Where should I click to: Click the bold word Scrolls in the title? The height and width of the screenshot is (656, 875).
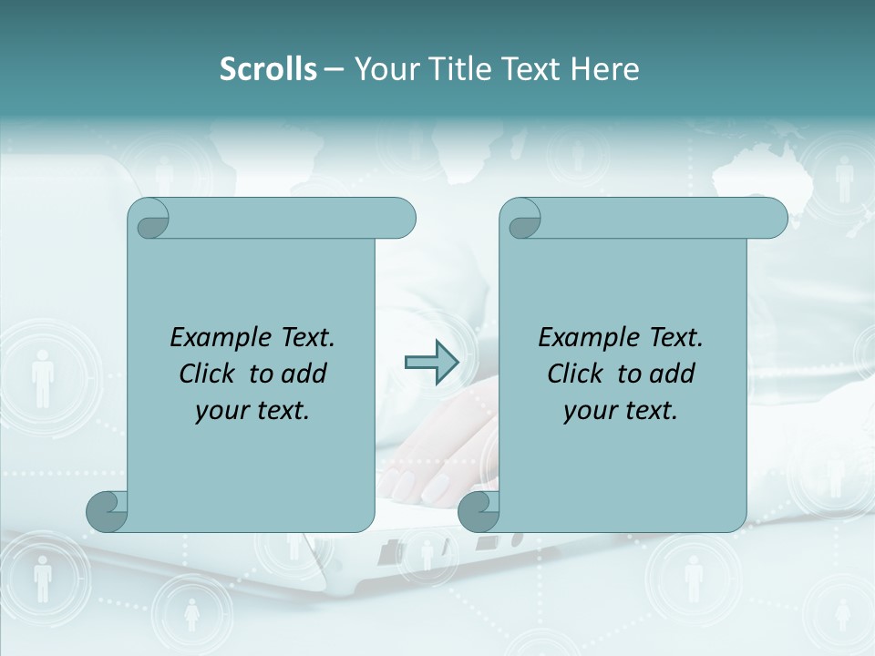tap(268, 69)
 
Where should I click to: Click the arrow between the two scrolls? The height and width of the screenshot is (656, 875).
tap(431, 363)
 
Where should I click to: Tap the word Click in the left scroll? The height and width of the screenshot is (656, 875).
tap(209, 374)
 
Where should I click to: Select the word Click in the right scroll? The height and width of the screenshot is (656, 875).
tap(576, 374)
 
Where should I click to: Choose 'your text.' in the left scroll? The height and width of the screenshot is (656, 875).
tap(252, 411)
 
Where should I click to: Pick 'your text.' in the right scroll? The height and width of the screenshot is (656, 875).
tap(621, 411)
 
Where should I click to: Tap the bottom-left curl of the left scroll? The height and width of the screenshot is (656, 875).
tap(108, 511)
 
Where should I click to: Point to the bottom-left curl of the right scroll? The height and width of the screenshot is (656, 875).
tap(479, 511)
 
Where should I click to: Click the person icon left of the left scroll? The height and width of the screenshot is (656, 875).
tap(43, 377)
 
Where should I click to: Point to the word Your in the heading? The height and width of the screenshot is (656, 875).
tap(384, 69)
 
